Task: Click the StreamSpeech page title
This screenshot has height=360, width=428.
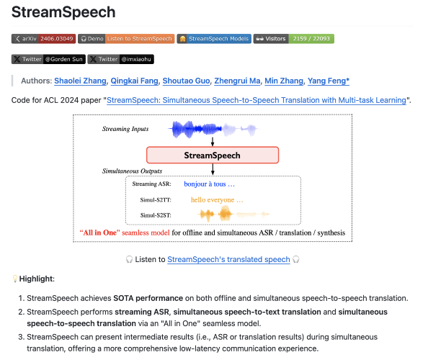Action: pyautogui.click(x=63, y=12)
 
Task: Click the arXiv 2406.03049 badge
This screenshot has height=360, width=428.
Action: pyautogui.click(x=43, y=39)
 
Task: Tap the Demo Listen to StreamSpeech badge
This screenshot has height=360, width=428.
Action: pyautogui.click(x=126, y=39)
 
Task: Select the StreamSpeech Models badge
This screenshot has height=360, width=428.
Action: pyautogui.click(x=214, y=39)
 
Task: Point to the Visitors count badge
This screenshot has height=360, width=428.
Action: pyautogui.click(x=294, y=39)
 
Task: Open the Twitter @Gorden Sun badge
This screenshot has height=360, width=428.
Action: pyautogui.click(x=48, y=59)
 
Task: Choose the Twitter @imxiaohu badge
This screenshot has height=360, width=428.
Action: pyautogui.click(x=120, y=59)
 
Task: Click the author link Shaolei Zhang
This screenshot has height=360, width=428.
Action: pyautogui.click(x=80, y=81)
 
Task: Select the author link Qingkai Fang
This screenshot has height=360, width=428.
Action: pyautogui.click(x=134, y=81)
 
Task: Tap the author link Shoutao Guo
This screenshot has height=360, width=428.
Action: pyautogui.click(x=186, y=81)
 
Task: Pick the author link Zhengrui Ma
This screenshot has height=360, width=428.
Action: pyautogui.click(x=237, y=81)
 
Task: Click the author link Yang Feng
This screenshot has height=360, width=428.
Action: pyautogui.click(x=329, y=81)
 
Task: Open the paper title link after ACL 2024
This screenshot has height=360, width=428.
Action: pyautogui.click(x=257, y=100)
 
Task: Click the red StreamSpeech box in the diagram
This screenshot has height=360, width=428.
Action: pyautogui.click(x=213, y=156)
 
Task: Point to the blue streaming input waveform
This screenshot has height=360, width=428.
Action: pyautogui.click(x=213, y=129)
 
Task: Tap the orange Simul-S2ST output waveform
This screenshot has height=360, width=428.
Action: pyautogui.click(x=233, y=215)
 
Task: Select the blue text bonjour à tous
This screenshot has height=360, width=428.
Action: pyautogui.click(x=209, y=184)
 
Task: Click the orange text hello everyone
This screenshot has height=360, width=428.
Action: pyautogui.click(x=217, y=200)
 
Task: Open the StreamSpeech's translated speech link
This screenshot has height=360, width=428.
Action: pyautogui.click(x=228, y=259)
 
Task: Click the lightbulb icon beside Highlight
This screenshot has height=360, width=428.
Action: pyautogui.click(x=15, y=279)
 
